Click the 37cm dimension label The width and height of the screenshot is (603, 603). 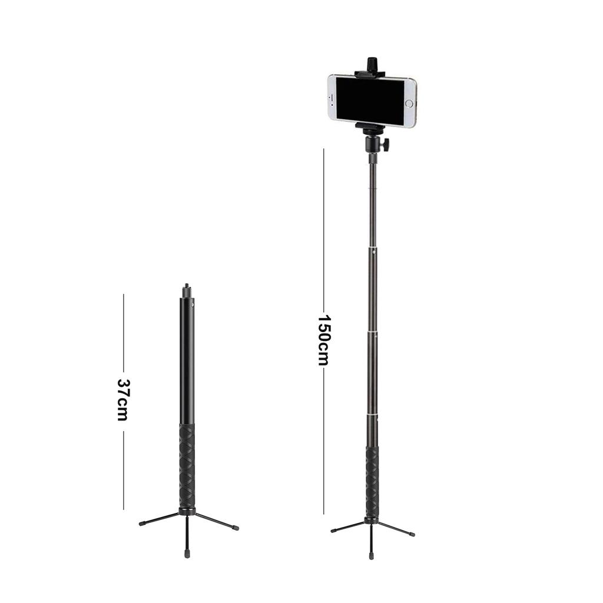[x=122, y=400]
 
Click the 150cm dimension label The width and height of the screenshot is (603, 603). [x=324, y=340]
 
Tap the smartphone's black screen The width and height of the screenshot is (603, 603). [x=370, y=101]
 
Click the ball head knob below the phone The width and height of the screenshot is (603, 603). [x=385, y=144]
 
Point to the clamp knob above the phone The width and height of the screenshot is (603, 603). [x=372, y=64]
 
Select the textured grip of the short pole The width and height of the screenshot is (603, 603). [x=187, y=466]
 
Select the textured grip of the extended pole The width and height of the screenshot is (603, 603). [x=372, y=483]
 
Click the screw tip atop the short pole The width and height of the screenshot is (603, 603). [x=187, y=286]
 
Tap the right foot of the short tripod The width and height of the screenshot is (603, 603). [x=236, y=528]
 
